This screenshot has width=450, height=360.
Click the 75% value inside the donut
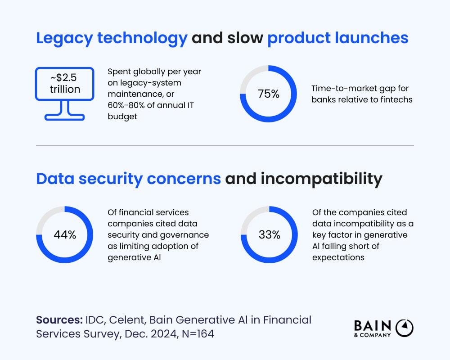pyautogui.click(x=269, y=94)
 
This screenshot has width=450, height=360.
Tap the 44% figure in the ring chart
pyautogui.click(x=64, y=235)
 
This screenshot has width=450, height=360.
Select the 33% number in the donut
pyautogui.click(x=269, y=235)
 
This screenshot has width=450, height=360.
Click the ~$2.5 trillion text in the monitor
pyautogui.click(x=65, y=84)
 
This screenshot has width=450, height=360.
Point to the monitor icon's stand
pyautogui.click(x=65, y=110)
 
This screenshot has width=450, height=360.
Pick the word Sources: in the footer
pyautogui.click(x=58, y=320)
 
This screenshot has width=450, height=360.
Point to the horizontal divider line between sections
pyautogui.click(x=225, y=146)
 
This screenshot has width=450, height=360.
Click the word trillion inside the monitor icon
pyautogui.click(x=65, y=89)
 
